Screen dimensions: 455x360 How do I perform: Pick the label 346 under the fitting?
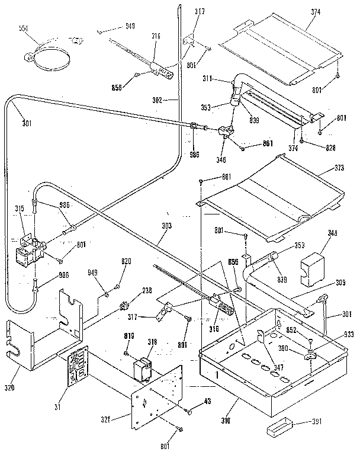click(221, 160)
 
